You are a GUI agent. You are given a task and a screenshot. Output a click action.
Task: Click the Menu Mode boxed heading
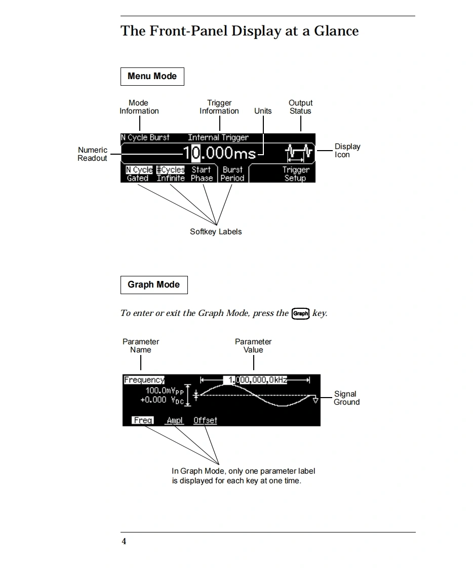click(152, 77)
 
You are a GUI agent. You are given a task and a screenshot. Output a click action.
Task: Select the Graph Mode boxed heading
click(153, 285)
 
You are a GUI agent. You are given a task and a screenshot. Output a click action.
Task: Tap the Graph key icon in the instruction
click(300, 313)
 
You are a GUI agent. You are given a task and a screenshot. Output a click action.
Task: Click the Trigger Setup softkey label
click(295, 174)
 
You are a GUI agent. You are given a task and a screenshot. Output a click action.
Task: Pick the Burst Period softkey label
click(232, 174)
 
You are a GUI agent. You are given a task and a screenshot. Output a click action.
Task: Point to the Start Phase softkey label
click(202, 174)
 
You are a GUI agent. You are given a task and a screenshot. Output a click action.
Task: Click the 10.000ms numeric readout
click(219, 152)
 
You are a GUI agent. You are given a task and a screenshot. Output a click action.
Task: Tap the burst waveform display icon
click(299, 152)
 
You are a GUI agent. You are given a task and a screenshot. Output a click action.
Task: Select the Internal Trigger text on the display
click(218, 137)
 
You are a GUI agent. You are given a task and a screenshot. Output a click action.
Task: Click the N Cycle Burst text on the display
click(145, 137)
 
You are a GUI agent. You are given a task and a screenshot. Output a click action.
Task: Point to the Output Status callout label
click(300, 107)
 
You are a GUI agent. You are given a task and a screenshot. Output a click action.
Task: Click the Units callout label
click(263, 111)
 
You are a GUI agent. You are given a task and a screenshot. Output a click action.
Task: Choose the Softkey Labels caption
click(216, 232)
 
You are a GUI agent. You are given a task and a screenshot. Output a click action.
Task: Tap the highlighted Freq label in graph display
click(143, 420)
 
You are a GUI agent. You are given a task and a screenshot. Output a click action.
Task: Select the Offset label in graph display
click(205, 420)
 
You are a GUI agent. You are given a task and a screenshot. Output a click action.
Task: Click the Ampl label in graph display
click(175, 420)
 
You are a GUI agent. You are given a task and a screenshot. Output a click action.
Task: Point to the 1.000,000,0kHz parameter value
click(255, 380)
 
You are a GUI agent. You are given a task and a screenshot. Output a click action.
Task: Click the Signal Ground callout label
click(346, 398)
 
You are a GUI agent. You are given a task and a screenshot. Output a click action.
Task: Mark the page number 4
click(124, 542)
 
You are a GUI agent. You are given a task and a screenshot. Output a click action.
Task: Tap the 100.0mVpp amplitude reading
click(163, 391)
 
